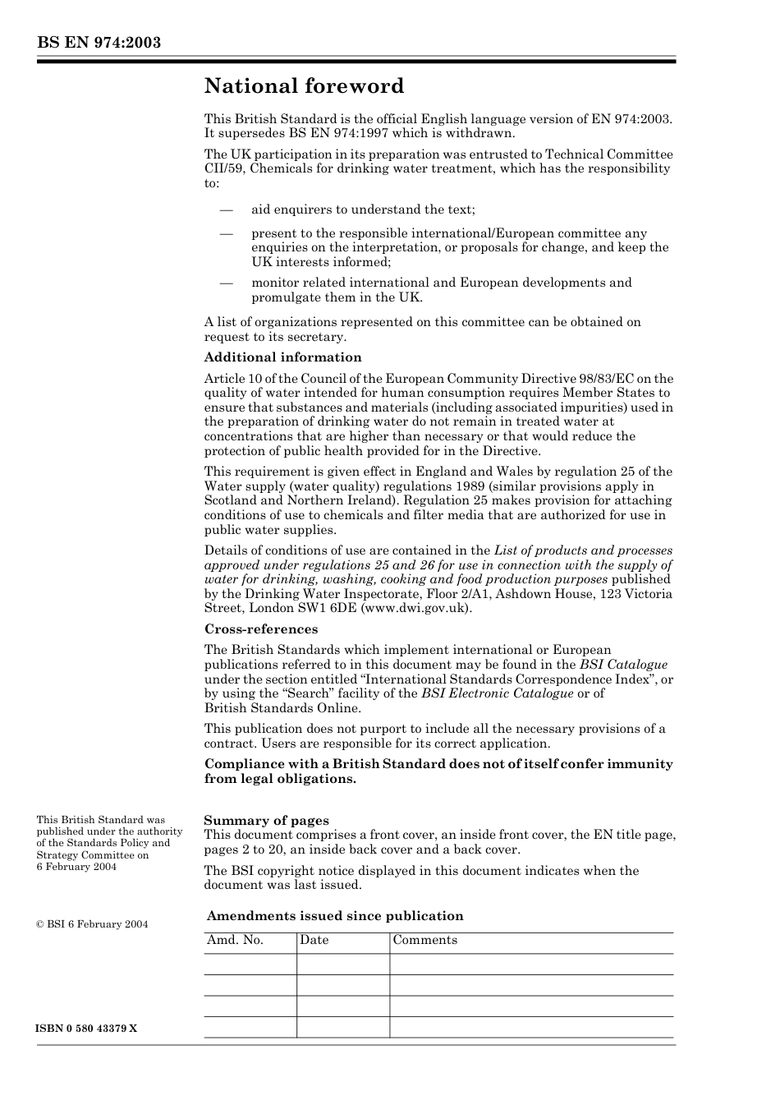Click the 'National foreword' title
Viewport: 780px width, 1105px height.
pyautogui.click(x=304, y=86)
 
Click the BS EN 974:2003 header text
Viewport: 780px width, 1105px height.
pyautogui.click(x=99, y=43)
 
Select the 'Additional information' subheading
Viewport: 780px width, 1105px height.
pyautogui.click(x=282, y=357)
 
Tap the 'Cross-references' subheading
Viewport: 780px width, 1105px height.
pyautogui.click(x=261, y=629)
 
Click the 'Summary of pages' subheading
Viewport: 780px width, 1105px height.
pyautogui.click(x=266, y=821)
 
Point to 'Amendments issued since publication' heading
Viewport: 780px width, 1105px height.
pyautogui.click(x=335, y=916)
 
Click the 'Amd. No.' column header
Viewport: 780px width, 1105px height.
pyautogui.click(x=235, y=941)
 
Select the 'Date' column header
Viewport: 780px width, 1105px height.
pyautogui.click(x=314, y=941)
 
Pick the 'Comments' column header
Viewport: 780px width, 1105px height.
pyautogui.click(x=424, y=941)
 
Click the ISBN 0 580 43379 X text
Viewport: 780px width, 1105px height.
pyautogui.click(x=87, y=1029)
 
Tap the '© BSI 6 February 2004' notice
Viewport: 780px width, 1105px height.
pyautogui.click(x=92, y=924)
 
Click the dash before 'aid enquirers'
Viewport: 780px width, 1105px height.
pyautogui.click(x=227, y=209)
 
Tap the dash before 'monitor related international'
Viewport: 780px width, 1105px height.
pyautogui.click(x=227, y=283)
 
